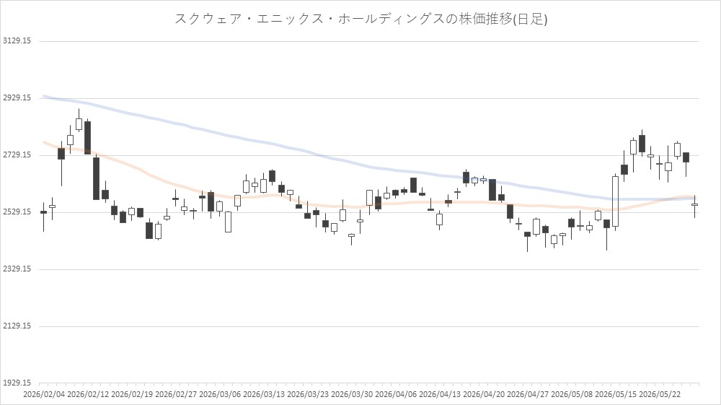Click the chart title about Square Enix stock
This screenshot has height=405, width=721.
[x=361, y=19]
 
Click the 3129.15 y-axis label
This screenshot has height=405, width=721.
[x=17, y=41]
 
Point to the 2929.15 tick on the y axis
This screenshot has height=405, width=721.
[x=17, y=98]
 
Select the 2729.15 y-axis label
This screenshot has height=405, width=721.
[x=17, y=155]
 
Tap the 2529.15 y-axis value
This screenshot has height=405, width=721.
[x=17, y=212]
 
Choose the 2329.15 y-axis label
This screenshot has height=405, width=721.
[x=17, y=269]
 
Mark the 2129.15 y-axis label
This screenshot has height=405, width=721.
[x=17, y=326]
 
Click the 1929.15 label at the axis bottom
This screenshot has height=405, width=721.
[x=17, y=383]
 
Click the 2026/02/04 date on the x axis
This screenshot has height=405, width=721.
[x=44, y=394]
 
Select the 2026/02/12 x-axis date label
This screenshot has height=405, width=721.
[x=88, y=394]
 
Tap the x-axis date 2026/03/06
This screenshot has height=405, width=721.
[x=220, y=394]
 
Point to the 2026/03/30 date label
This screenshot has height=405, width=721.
[x=353, y=394]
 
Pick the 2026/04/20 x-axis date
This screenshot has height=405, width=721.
[x=485, y=394]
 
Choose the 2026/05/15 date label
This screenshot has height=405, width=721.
[x=616, y=394]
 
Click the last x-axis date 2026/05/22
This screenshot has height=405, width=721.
[x=660, y=394]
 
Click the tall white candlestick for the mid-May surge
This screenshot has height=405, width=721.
[x=615, y=201]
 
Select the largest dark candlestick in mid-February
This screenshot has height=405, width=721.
[x=96, y=178]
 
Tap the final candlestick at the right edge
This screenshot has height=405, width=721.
[x=694, y=205]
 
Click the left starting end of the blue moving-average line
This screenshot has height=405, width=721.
[x=44, y=96]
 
